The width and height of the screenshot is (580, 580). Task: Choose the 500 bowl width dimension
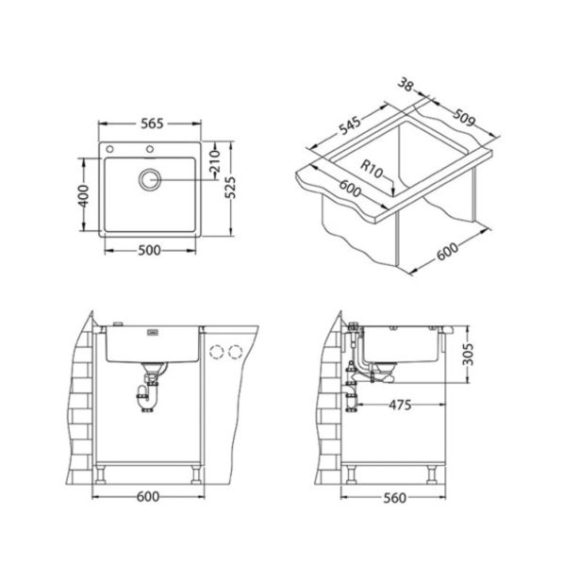[x=147, y=250]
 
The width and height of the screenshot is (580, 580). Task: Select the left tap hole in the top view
[x=111, y=151]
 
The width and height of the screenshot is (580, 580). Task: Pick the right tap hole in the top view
[x=149, y=151]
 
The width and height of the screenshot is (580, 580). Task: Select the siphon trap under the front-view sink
[x=148, y=393]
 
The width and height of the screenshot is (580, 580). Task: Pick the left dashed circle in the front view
[x=215, y=352]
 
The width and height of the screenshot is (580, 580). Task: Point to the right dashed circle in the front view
[x=235, y=352]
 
